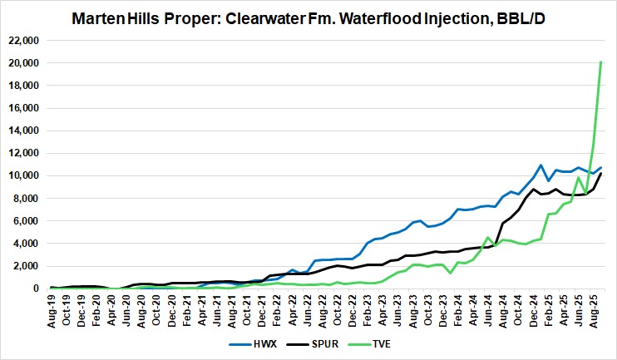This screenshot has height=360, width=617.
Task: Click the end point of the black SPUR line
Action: [x=601, y=173]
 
